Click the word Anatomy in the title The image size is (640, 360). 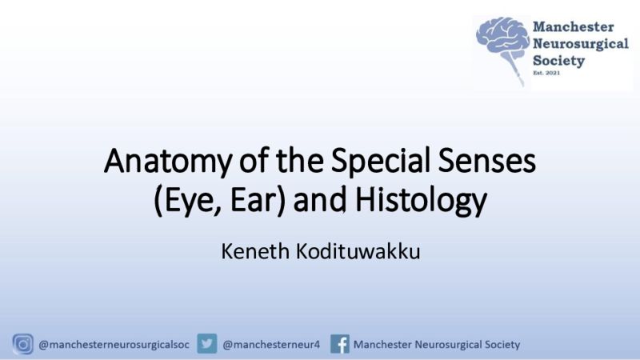(x=168, y=162)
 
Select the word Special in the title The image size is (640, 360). (x=381, y=162)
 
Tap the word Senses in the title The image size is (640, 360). (x=487, y=161)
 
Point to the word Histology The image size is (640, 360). (x=421, y=200)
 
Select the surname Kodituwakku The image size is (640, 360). (x=358, y=251)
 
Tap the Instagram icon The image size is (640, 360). (x=23, y=344)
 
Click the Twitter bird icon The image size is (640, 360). (x=207, y=344)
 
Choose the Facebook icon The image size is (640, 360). (x=339, y=344)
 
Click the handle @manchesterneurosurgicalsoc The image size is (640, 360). (x=114, y=345)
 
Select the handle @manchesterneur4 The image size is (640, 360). (x=271, y=345)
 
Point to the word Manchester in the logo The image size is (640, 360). (x=573, y=27)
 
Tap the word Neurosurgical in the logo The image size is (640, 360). (x=581, y=44)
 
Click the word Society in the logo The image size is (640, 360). (x=558, y=61)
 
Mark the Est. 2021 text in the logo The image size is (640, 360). (x=546, y=73)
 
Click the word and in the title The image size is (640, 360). (x=319, y=200)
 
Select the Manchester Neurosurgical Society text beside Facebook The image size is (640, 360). (x=437, y=345)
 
